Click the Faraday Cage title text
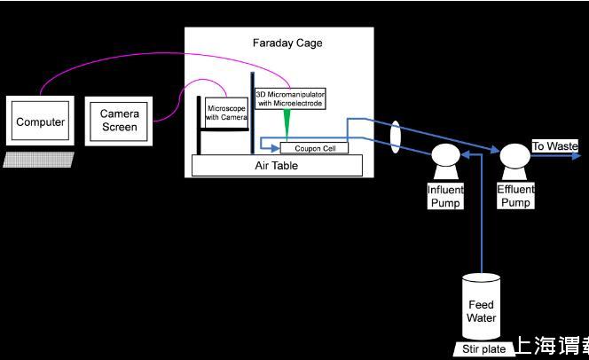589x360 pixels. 287,43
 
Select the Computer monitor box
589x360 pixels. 40,122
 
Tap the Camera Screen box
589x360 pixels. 119,121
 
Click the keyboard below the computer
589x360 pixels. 38,159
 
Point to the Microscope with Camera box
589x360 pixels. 226,111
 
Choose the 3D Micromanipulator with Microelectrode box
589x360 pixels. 289,98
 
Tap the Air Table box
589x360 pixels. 277,166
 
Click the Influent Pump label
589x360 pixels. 444,196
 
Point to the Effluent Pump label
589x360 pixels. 515,196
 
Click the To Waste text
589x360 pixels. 554,145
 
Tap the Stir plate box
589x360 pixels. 483,348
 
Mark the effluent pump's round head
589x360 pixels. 514,157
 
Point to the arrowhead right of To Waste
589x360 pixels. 582,157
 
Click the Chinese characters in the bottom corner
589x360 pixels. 551,347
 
